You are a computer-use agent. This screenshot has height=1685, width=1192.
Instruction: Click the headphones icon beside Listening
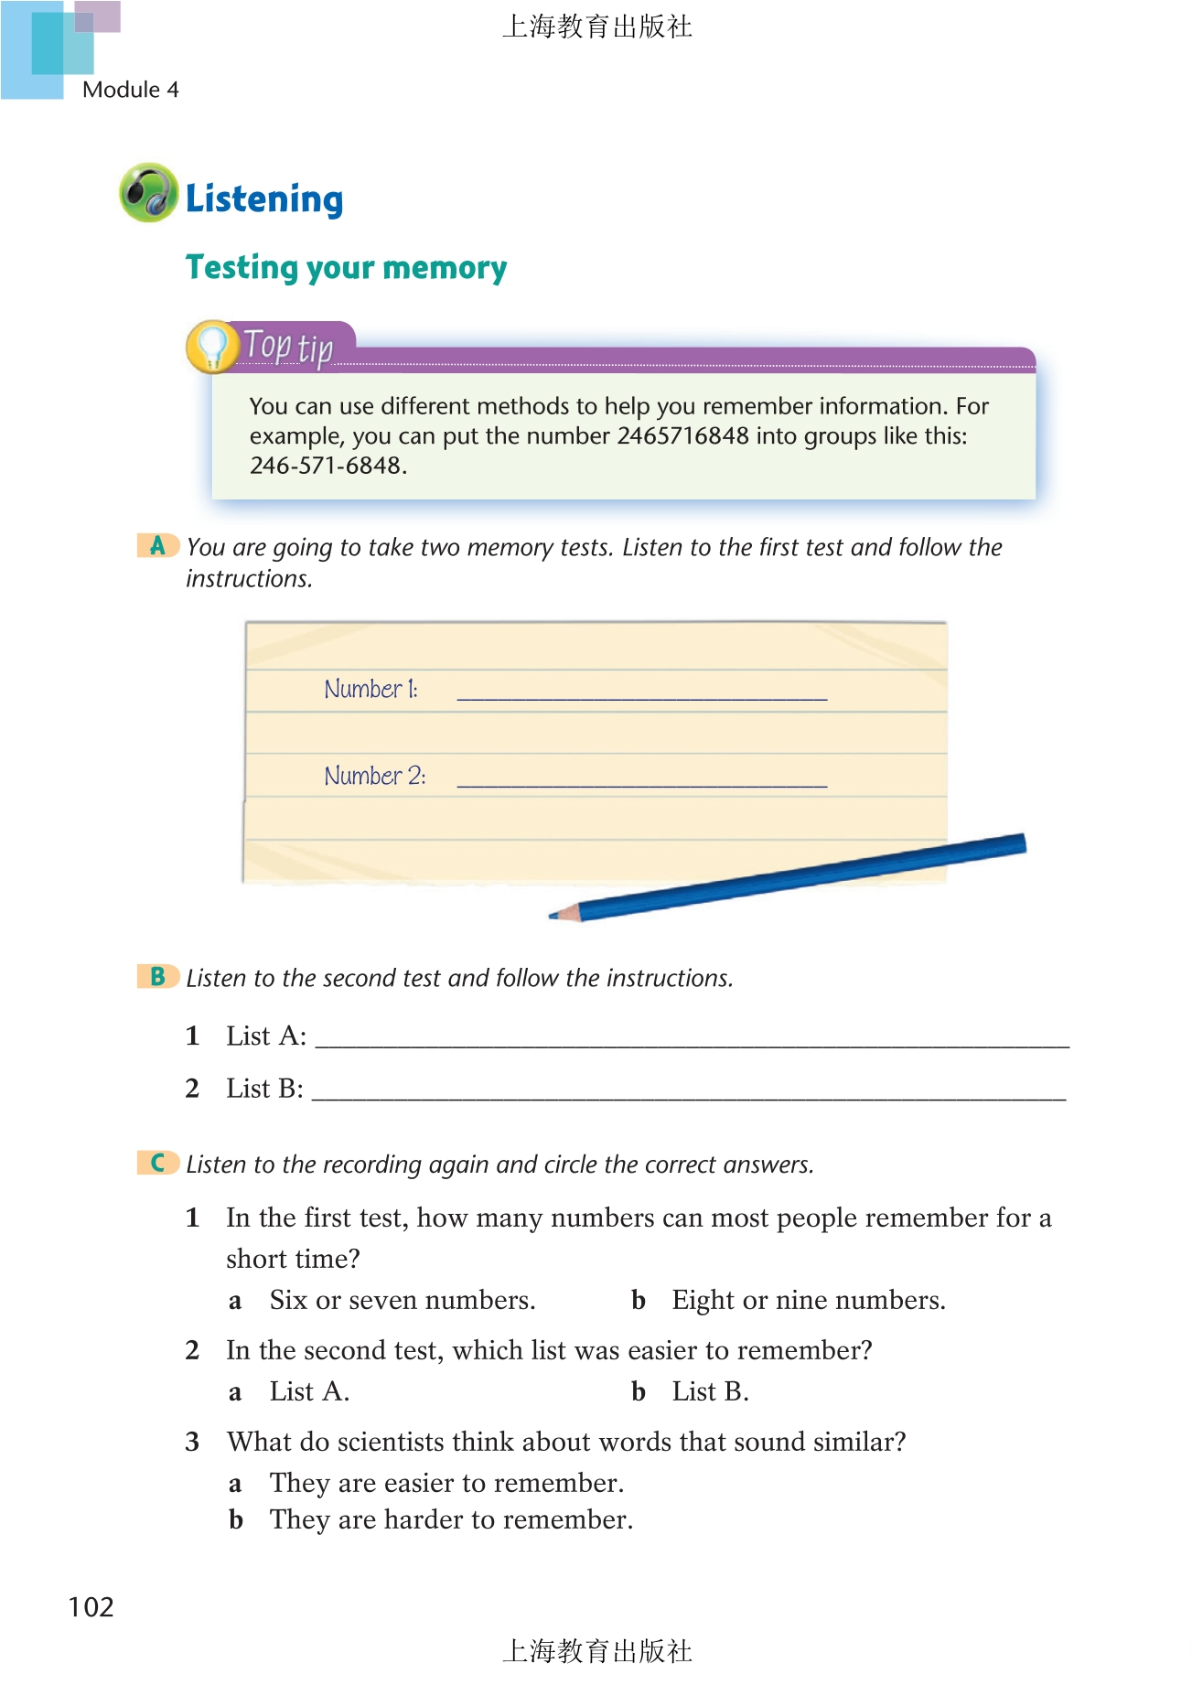pos(148,193)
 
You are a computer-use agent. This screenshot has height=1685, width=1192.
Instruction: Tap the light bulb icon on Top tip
pos(212,347)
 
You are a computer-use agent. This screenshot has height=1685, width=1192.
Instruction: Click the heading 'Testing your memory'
pos(346,267)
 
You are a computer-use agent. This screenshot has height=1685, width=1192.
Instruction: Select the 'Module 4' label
pos(130,90)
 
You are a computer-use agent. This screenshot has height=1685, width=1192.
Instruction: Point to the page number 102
pos(91,1607)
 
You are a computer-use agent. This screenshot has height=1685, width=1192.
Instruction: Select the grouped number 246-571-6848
pos(326,466)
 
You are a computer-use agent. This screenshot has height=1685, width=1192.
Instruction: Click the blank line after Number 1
pos(641,692)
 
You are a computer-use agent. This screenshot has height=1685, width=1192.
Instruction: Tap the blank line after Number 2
pos(641,778)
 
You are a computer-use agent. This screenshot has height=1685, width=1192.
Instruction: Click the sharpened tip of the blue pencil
pos(555,914)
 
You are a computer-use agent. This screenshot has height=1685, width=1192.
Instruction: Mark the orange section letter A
pos(157,546)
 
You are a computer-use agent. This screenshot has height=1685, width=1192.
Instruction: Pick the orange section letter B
pos(157,976)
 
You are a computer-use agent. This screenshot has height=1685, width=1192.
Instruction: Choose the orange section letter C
pos(157,1163)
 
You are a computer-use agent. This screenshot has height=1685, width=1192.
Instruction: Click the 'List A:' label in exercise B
pos(266,1036)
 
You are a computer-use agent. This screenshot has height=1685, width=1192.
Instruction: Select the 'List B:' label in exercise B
pos(264,1089)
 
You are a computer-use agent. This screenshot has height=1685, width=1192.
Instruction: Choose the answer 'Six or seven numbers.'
pos(403,1300)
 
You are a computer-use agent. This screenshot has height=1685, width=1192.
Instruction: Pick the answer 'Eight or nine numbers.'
pos(809,1300)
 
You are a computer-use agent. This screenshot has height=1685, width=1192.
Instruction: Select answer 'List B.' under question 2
pos(710,1391)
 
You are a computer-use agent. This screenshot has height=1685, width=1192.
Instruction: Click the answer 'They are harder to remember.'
pos(451,1519)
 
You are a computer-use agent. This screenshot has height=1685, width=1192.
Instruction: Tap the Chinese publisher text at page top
pos(596,27)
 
